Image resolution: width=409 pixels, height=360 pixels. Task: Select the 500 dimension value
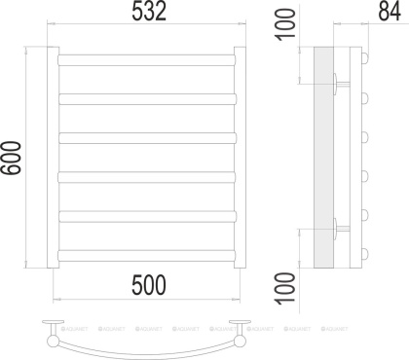pyautogui.click(x=146, y=284)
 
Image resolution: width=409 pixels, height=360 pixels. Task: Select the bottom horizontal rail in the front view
pyautogui.click(x=148, y=254)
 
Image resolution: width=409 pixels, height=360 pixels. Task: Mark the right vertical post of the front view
pyautogui.click(x=244, y=156)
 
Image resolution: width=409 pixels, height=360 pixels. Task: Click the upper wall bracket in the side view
pyautogui.click(x=337, y=84)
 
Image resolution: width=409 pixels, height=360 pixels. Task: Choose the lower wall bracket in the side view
pyautogui.click(x=337, y=229)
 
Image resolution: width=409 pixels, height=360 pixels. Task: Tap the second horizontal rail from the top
pyautogui.click(x=148, y=97)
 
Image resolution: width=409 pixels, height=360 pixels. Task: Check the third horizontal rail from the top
pyautogui.click(x=148, y=136)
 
